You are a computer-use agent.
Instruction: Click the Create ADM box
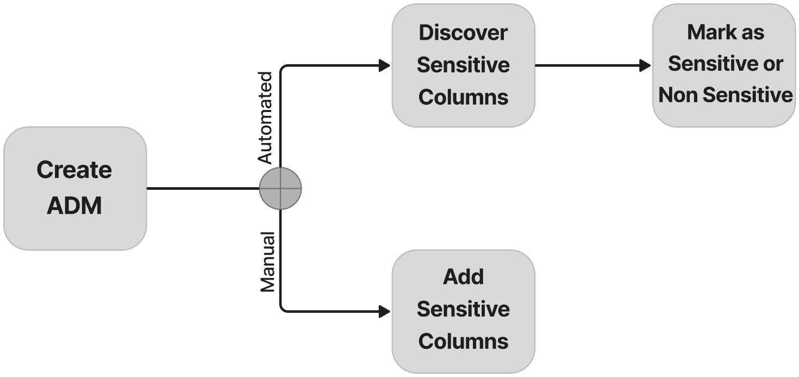(x=74, y=188)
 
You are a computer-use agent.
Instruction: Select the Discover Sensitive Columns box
(x=463, y=65)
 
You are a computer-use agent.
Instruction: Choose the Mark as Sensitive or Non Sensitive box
(x=725, y=65)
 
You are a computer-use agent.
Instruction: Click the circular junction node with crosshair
(x=280, y=188)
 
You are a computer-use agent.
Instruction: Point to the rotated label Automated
(x=265, y=117)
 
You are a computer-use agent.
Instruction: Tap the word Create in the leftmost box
(x=74, y=170)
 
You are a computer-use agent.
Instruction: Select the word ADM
(x=74, y=206)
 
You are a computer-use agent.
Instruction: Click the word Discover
(x=463, y=33)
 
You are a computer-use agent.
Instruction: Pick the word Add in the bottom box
(x=463, y=277)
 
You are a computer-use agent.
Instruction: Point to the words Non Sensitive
(x=726, y=96)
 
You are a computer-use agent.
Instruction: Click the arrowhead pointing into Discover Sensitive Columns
(x=385, y=66)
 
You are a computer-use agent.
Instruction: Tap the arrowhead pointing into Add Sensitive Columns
(x=385, y=312)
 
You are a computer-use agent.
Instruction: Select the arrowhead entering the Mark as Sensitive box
(x=645, y=66)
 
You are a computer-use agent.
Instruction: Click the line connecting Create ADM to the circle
(x=202, y=189)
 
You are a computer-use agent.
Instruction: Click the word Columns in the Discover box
(x=463, y=97)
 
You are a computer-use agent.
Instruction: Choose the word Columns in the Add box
(x=463, y=342)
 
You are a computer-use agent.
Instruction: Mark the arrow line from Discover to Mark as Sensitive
(x=587, y=66)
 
